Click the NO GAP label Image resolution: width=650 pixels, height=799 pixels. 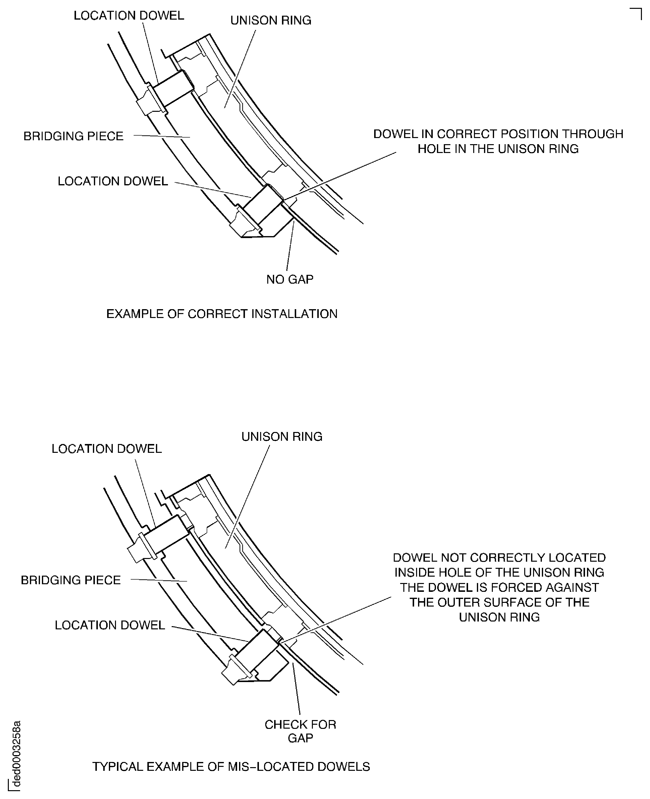point(290,280)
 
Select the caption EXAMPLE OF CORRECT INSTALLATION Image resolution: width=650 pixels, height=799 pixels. point(222,314)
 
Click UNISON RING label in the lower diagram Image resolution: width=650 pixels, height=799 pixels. point(281,437)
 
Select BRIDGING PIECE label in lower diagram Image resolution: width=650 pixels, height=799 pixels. point(71,580)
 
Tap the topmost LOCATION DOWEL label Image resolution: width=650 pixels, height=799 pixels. point(129,16)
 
